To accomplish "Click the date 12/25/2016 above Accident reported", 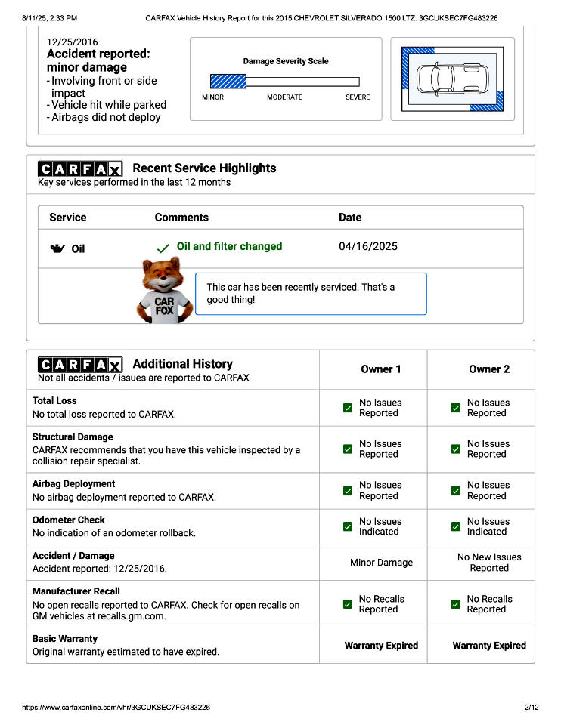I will [x=72, y=42].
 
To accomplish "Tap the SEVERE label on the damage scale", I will [x=358, y=97].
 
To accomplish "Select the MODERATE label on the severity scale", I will [x=284, y=97].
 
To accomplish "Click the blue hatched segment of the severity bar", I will [x=228, y=81].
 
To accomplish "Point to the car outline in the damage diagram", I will [x=452, y=79].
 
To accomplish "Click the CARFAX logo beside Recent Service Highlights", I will [x=80, y=168].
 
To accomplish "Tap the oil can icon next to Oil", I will [x=57, y=248].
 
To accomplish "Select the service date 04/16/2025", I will [x=367, y=246].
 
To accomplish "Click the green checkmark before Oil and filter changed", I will [x=163, y=248].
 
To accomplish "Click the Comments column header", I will [x=181, y=217].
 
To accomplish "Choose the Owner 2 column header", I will [x=489, y=369].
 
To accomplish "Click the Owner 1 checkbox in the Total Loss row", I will [x=348, y=408].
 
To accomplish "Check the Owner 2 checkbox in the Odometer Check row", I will [x=456, y=526].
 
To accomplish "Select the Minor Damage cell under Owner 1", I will [x=381, y=563].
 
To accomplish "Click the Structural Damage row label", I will [x=73, y=437].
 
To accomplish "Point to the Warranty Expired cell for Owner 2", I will [x=489, y=646].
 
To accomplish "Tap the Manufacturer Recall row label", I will [x=76, y=591].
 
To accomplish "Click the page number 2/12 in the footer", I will [x=530, y=708].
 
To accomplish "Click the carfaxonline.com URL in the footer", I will [x=116, y=708].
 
